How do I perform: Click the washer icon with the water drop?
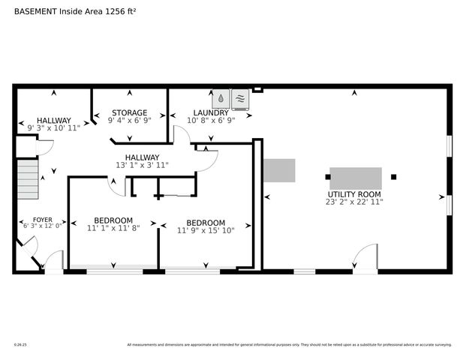click(x=222, y=98)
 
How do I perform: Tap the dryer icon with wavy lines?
click(x=240, y=98)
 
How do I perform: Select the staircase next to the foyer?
click(x=28, y=179)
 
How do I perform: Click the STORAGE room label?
click(x=130, y=112)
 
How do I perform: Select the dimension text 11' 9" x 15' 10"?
click(x=206, y=231)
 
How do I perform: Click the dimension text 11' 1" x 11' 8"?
click(x=113, y=228)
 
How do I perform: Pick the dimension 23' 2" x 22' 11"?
click(x=355, y=202)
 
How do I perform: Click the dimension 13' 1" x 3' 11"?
click(x=142, y=165)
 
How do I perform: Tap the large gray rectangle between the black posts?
click(x=355, y=178)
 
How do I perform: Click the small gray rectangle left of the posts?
click(x=278, y=170)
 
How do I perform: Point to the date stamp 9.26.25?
click(x=20, y=345)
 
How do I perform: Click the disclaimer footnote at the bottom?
click(x=289, y=345)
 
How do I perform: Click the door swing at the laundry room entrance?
click(x=182, y=134)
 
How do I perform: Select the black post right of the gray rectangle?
click(x=393, y=177)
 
